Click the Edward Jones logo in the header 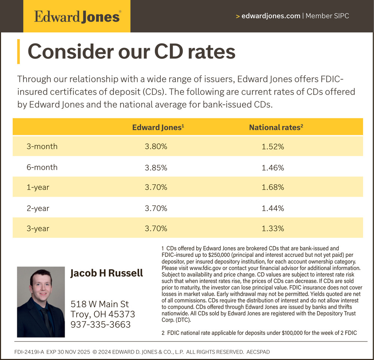[x=77, y=17]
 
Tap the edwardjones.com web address [x=271, y=16]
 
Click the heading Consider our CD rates [x=132, y=52]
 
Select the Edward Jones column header [x=158, y=127]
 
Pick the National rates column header [x=276, y=127]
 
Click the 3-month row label [x=42, y=147]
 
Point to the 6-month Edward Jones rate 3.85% [x=156, y=168]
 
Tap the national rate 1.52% [x=273, y=147]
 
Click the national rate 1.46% [x=273, y=168]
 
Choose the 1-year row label [x=38, y=187]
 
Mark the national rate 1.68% [x=273, y=187]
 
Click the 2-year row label [x=38, y=208]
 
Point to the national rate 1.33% [x=273, y=228]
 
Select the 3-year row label [x=38, y=228]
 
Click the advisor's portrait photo [x=41, y=302]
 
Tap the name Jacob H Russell [x=107, y=273]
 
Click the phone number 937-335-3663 [x=101, y=324]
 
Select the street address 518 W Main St [x=100, y=304]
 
